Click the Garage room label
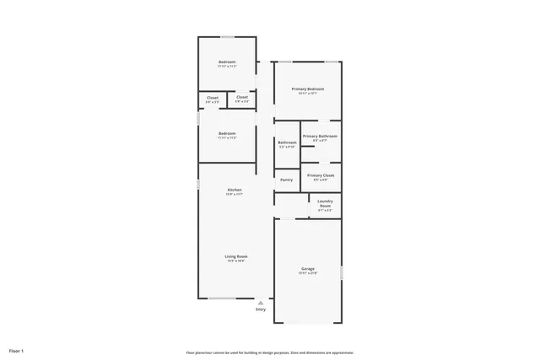308,269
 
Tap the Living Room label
235,256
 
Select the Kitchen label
235,190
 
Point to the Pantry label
287,180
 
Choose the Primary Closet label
321,175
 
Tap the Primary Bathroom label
321,136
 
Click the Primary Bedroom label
308,89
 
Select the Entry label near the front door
261,309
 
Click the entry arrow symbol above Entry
261,302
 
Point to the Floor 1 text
17,350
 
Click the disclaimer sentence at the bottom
270,352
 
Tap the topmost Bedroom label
227,62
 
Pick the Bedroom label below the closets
227,133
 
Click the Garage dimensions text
308,273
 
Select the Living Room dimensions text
235,261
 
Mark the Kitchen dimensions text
235,194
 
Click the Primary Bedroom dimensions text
308,93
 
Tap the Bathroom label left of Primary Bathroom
287,142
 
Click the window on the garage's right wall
342,273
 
